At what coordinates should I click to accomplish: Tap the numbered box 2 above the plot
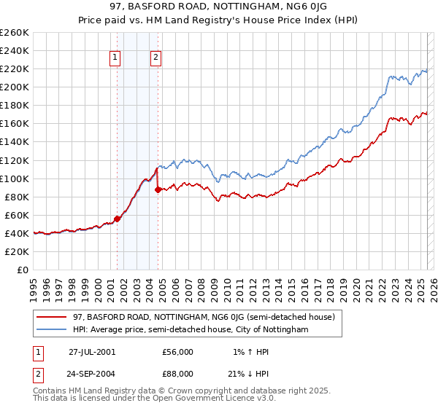[156, 59]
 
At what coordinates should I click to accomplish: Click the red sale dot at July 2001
[117, 219]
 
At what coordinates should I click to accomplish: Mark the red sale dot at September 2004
[158, 189]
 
